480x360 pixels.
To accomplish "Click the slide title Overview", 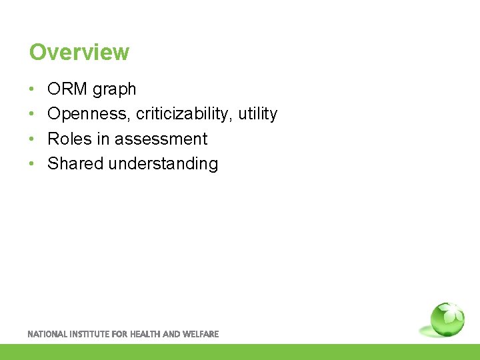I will (79, 52).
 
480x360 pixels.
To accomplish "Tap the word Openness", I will (89, 114).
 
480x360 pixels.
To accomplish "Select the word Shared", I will (75, 163).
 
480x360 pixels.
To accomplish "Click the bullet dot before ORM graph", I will (33, 89).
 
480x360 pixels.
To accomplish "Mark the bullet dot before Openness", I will (33, 114).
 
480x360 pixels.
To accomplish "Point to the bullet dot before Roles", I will (33, 139).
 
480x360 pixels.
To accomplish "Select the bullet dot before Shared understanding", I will (33, 163).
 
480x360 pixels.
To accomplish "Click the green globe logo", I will (446, 320).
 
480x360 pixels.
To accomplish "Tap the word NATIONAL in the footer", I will (48, 334).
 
